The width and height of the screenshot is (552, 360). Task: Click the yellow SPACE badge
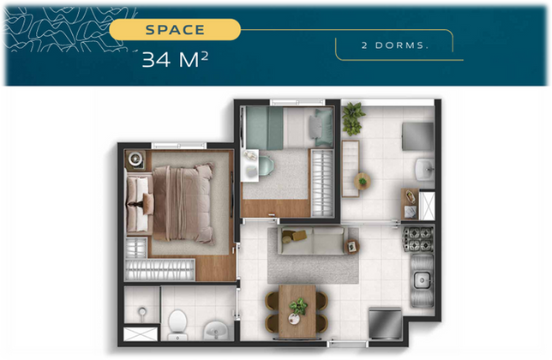click(175, 29)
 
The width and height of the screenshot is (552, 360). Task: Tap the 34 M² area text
click(175, 59)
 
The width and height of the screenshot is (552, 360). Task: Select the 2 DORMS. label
click(394, 45)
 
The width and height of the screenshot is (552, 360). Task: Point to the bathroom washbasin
click(215, 330)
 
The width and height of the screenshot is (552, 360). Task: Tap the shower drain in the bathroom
click(142, 311)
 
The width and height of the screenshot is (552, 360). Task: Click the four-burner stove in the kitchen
click(418, 240)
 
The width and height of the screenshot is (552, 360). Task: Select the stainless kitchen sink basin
click(422, 280)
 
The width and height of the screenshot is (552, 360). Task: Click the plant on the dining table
click(298, 307)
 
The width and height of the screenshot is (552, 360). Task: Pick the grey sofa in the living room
click(313, 241)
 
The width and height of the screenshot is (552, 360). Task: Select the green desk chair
click(266, 165)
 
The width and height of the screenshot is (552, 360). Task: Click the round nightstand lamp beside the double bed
click(135, 159)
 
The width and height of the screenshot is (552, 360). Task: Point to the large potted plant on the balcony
click(353, 119)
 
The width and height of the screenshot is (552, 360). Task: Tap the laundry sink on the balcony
click(425, 169)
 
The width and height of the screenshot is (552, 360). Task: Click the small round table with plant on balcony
click(363, 181)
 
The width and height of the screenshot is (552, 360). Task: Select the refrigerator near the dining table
click(386, 323)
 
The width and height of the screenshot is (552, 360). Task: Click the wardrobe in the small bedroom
click(321, 183)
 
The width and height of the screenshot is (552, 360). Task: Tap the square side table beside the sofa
click(352, 246)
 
